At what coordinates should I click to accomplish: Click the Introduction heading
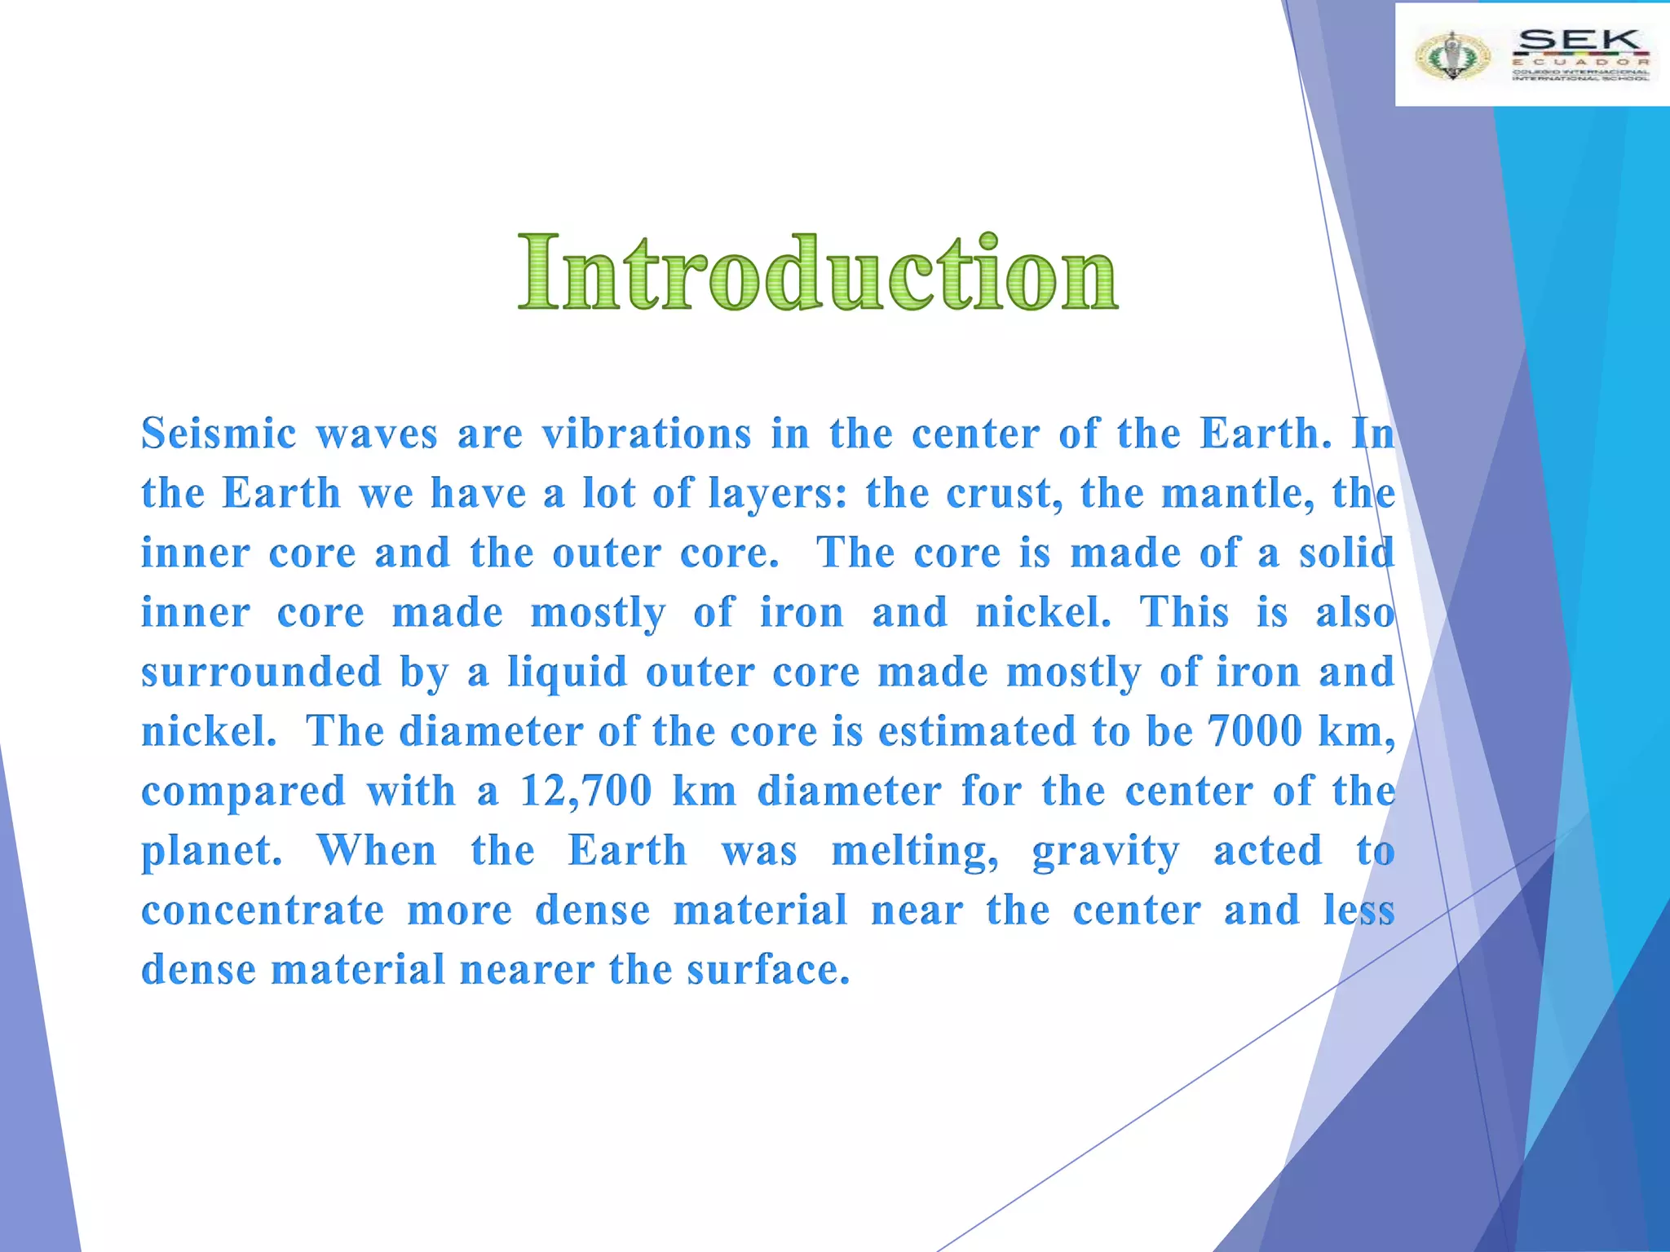click(x=818, y=272)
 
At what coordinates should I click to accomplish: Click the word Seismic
click(x=219, y=433)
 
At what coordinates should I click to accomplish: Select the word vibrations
click(x=647, y=433)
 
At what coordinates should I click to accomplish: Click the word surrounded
click(x=261, y=672)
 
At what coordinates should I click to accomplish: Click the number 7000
click(x=1255, y=730)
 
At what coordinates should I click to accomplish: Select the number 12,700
click(x=586, y=791)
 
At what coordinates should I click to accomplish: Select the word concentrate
click(x=263, y=910)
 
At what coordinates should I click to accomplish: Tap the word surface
click(x=768, y=969)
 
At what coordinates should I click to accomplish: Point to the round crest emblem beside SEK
click(x=1451, y=55)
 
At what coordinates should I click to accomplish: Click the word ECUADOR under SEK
click(x=1580, y=62)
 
